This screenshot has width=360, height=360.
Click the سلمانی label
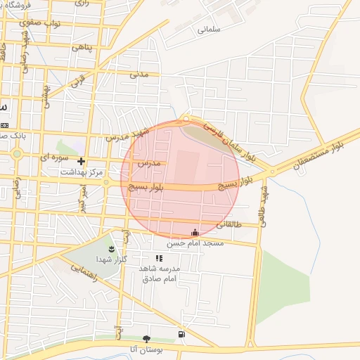[x=209, y=30]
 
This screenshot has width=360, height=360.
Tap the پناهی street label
[x=82, y=47]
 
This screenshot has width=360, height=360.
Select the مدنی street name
[x=139, y=73]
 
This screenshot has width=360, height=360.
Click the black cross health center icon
[x=82, y=162]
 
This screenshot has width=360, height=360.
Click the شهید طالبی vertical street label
[x=264, y=200]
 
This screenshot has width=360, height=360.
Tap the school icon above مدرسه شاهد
[x=159, y=258]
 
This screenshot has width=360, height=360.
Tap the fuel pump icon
[x=182, y=333]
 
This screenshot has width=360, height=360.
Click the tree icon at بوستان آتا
[x=146, y=339]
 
